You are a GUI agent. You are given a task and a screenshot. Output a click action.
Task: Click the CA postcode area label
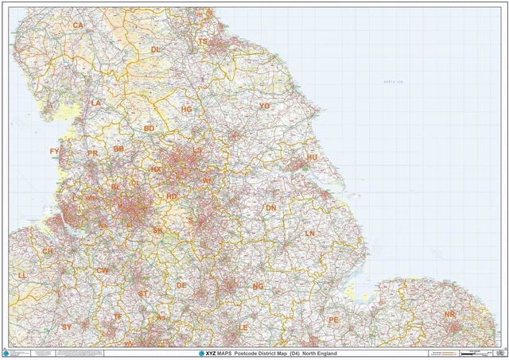pos(78,25)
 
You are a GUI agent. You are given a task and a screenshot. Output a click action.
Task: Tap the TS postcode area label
pos(203,41)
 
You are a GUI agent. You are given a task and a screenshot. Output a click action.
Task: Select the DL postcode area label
pos(156,49)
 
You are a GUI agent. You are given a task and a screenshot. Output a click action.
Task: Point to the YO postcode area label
pos(265,106)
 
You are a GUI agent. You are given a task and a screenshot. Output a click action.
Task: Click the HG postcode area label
pos(187,109)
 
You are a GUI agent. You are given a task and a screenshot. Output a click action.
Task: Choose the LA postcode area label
pos(96,103)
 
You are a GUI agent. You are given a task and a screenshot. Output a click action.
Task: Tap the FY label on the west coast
pos(55,151)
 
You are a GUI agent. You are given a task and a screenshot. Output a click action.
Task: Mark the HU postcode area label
pos(312,158)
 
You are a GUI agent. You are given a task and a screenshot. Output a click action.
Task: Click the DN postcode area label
pos(271,208)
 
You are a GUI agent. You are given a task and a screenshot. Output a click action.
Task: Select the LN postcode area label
pos(310,234)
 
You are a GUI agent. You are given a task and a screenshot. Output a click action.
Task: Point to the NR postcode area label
pos(450,315)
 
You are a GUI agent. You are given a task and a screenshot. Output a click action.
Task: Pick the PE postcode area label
pos(334,319)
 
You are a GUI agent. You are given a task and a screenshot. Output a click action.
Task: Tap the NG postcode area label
pos(258,286)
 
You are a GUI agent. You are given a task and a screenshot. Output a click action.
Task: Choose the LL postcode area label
pos(22,275)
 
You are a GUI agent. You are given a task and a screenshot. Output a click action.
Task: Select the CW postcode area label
pos(102,271)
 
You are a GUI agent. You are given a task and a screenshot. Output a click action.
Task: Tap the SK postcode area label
pos(157,230)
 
